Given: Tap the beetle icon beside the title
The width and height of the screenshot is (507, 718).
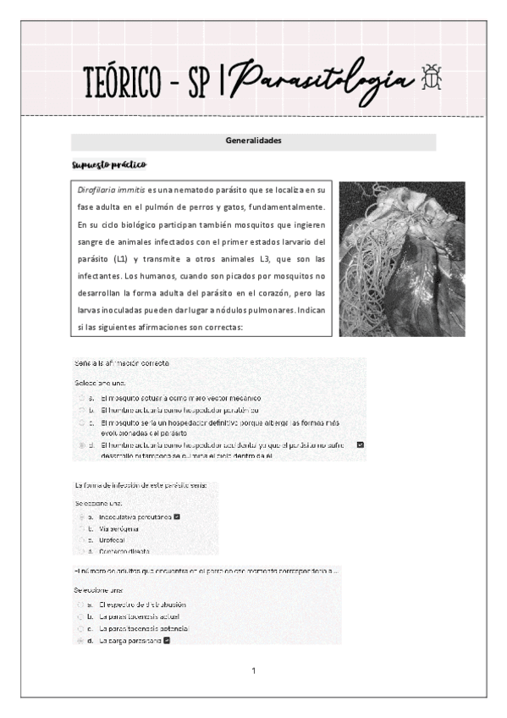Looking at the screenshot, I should pos(431,77).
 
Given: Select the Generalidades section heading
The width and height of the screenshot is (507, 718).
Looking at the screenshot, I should pos(253,141).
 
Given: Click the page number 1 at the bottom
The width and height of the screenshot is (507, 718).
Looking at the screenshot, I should pos(253,671).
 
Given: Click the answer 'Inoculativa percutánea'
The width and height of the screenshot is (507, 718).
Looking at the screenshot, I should pos(135,516).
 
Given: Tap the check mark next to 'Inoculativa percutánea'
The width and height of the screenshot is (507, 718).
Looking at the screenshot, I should pos(176,516).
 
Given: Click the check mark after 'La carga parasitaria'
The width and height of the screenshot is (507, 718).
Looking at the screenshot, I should pos(168,641).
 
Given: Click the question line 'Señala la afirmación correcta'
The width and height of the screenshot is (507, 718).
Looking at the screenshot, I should pos(123,363).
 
